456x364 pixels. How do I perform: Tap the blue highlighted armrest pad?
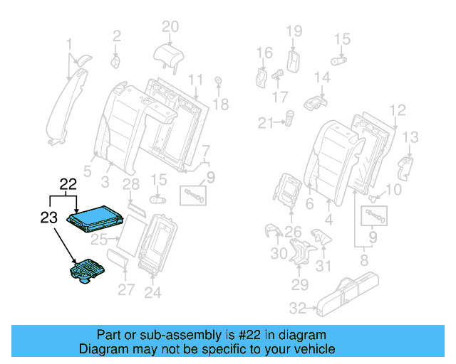click(96, 215)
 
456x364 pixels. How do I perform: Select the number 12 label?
click(398, 109)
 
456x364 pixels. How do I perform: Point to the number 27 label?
click(125, 289)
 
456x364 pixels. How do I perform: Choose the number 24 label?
click(153, 291)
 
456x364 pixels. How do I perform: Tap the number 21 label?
click(265, 124)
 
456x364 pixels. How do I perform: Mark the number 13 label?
click(412, 136)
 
